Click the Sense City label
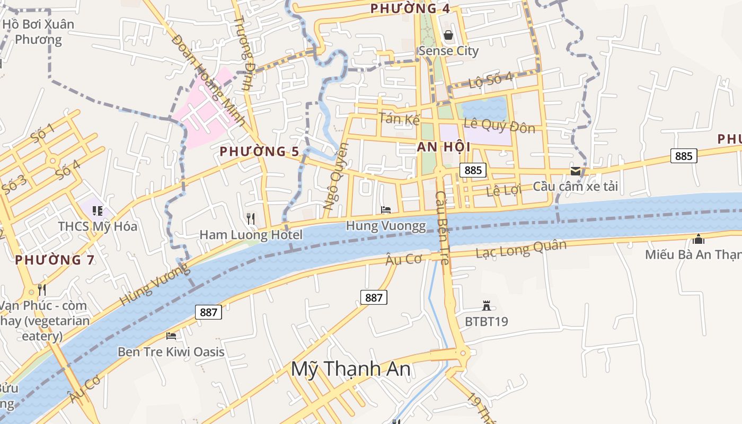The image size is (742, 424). (448, 51)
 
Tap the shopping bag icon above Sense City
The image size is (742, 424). (448, 36)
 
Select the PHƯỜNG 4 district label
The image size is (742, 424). (410, 8)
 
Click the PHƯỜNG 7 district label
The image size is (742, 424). (55, 260)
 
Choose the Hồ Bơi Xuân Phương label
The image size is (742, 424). (38, 32)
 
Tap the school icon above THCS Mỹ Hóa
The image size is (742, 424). (97, 211)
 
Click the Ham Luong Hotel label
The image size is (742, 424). (251, 235)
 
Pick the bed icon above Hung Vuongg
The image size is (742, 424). (386, 210)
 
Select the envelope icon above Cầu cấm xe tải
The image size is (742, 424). (575, 171)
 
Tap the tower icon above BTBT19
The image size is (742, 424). (486, 305)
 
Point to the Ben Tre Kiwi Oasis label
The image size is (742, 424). (171, 352)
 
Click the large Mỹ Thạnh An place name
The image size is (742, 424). (350, 369)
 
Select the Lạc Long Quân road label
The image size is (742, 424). (521, 249)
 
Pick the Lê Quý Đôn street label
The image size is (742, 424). (499, 126)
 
